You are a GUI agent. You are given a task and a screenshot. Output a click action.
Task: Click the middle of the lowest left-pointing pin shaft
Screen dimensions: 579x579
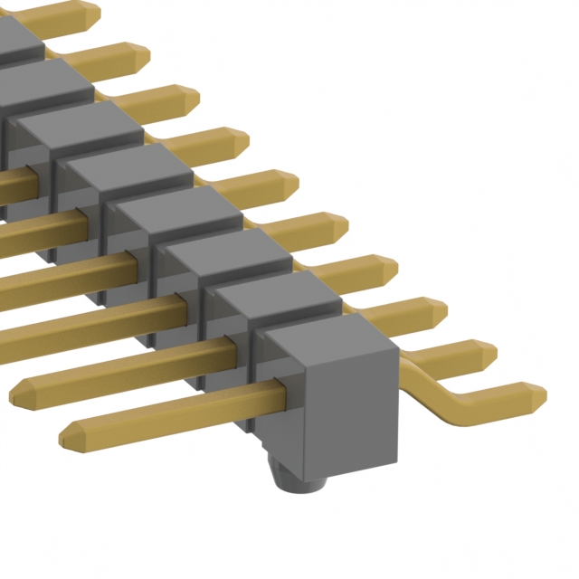[172, 412]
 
